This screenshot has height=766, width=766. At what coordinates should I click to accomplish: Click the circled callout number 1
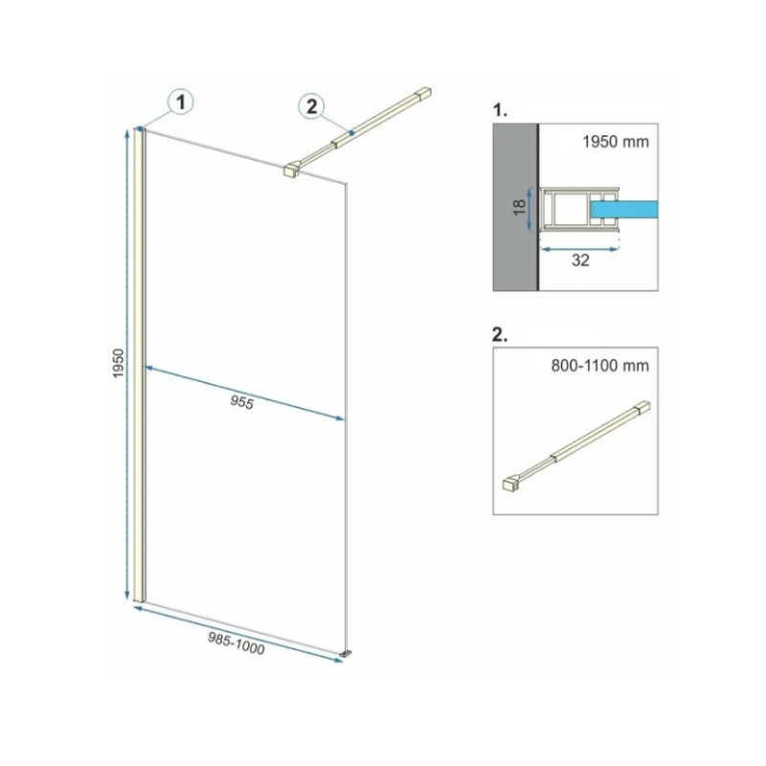click(x=181, y=102)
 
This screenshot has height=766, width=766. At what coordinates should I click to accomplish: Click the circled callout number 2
click(x=312, y=106)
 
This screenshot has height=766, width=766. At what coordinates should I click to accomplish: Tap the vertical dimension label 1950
click(x=119, y=363)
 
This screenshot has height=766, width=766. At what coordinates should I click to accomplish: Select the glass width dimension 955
click(x=242, y=402)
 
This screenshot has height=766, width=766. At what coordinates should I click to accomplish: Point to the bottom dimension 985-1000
click(x=237, y=643)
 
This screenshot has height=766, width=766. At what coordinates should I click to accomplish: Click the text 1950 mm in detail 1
click(x=616, y=142)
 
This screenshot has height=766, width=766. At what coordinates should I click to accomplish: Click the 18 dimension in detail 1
click(x=520, y=207)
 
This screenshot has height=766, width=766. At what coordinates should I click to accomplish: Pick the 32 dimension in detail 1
click(x=580, y=260)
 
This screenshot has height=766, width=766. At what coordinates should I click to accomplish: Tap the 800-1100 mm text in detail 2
click(x=600, y=366)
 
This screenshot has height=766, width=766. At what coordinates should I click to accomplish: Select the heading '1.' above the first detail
click(x=500, y=110)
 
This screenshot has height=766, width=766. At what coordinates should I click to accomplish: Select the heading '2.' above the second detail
click(x=500, y=334)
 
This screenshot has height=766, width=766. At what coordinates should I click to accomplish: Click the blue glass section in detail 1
click(x=624, y=209)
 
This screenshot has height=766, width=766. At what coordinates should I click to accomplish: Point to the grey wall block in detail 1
click(x=515, y=207)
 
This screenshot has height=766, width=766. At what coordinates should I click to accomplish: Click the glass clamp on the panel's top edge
click(x=291, y=169)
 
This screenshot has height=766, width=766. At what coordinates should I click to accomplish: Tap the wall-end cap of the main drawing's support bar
click(x=422, y=93)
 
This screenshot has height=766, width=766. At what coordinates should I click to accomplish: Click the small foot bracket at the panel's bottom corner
click(x=347, y=653)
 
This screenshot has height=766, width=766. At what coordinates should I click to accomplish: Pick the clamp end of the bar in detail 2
click(x=511, y=484)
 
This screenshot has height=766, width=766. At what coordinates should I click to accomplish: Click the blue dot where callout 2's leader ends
click(x=351, y=133)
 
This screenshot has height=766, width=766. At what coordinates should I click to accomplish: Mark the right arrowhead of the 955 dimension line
click(x=339, y=417)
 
